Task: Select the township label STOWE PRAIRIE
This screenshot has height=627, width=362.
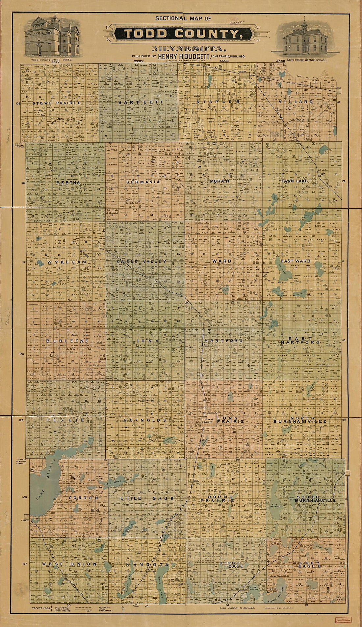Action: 57,103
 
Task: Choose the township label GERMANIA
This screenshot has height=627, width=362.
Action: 143,182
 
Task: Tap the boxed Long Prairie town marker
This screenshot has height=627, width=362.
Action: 208,421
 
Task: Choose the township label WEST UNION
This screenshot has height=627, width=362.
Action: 69,564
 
